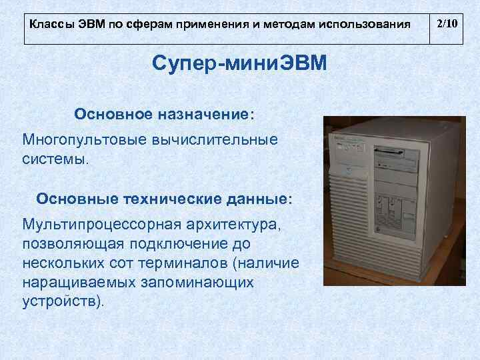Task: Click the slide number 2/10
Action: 446,25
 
